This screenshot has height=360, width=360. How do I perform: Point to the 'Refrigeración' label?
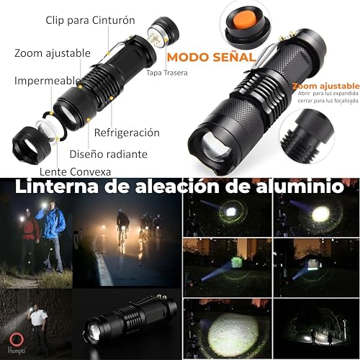point(127,132)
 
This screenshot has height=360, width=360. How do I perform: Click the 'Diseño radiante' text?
point(108,153)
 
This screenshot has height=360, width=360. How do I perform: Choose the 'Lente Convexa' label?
point(65,171)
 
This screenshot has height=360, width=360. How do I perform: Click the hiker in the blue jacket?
point(53,230)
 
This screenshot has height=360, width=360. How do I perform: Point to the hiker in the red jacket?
point(30,234)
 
